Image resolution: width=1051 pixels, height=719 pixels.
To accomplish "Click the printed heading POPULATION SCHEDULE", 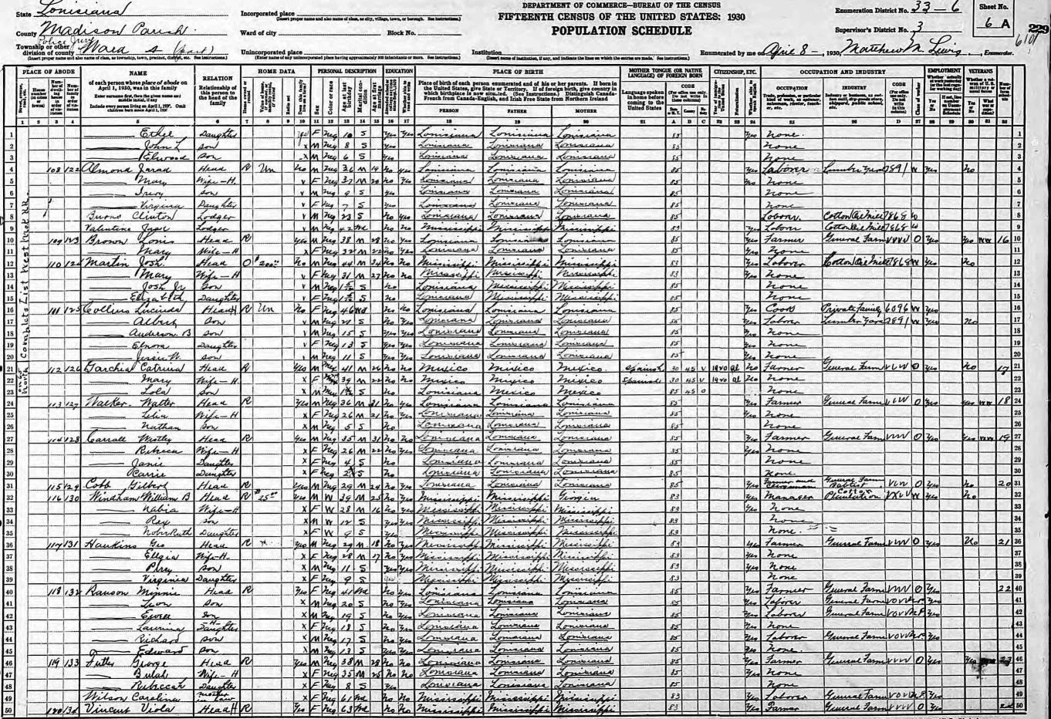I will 621,30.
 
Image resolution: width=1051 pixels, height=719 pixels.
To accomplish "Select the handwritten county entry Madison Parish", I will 104,29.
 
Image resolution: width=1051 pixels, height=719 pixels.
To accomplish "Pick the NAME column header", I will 137,73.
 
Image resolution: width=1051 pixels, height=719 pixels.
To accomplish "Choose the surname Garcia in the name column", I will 106,370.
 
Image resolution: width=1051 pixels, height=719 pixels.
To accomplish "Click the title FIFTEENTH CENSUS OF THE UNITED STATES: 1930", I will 620,15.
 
